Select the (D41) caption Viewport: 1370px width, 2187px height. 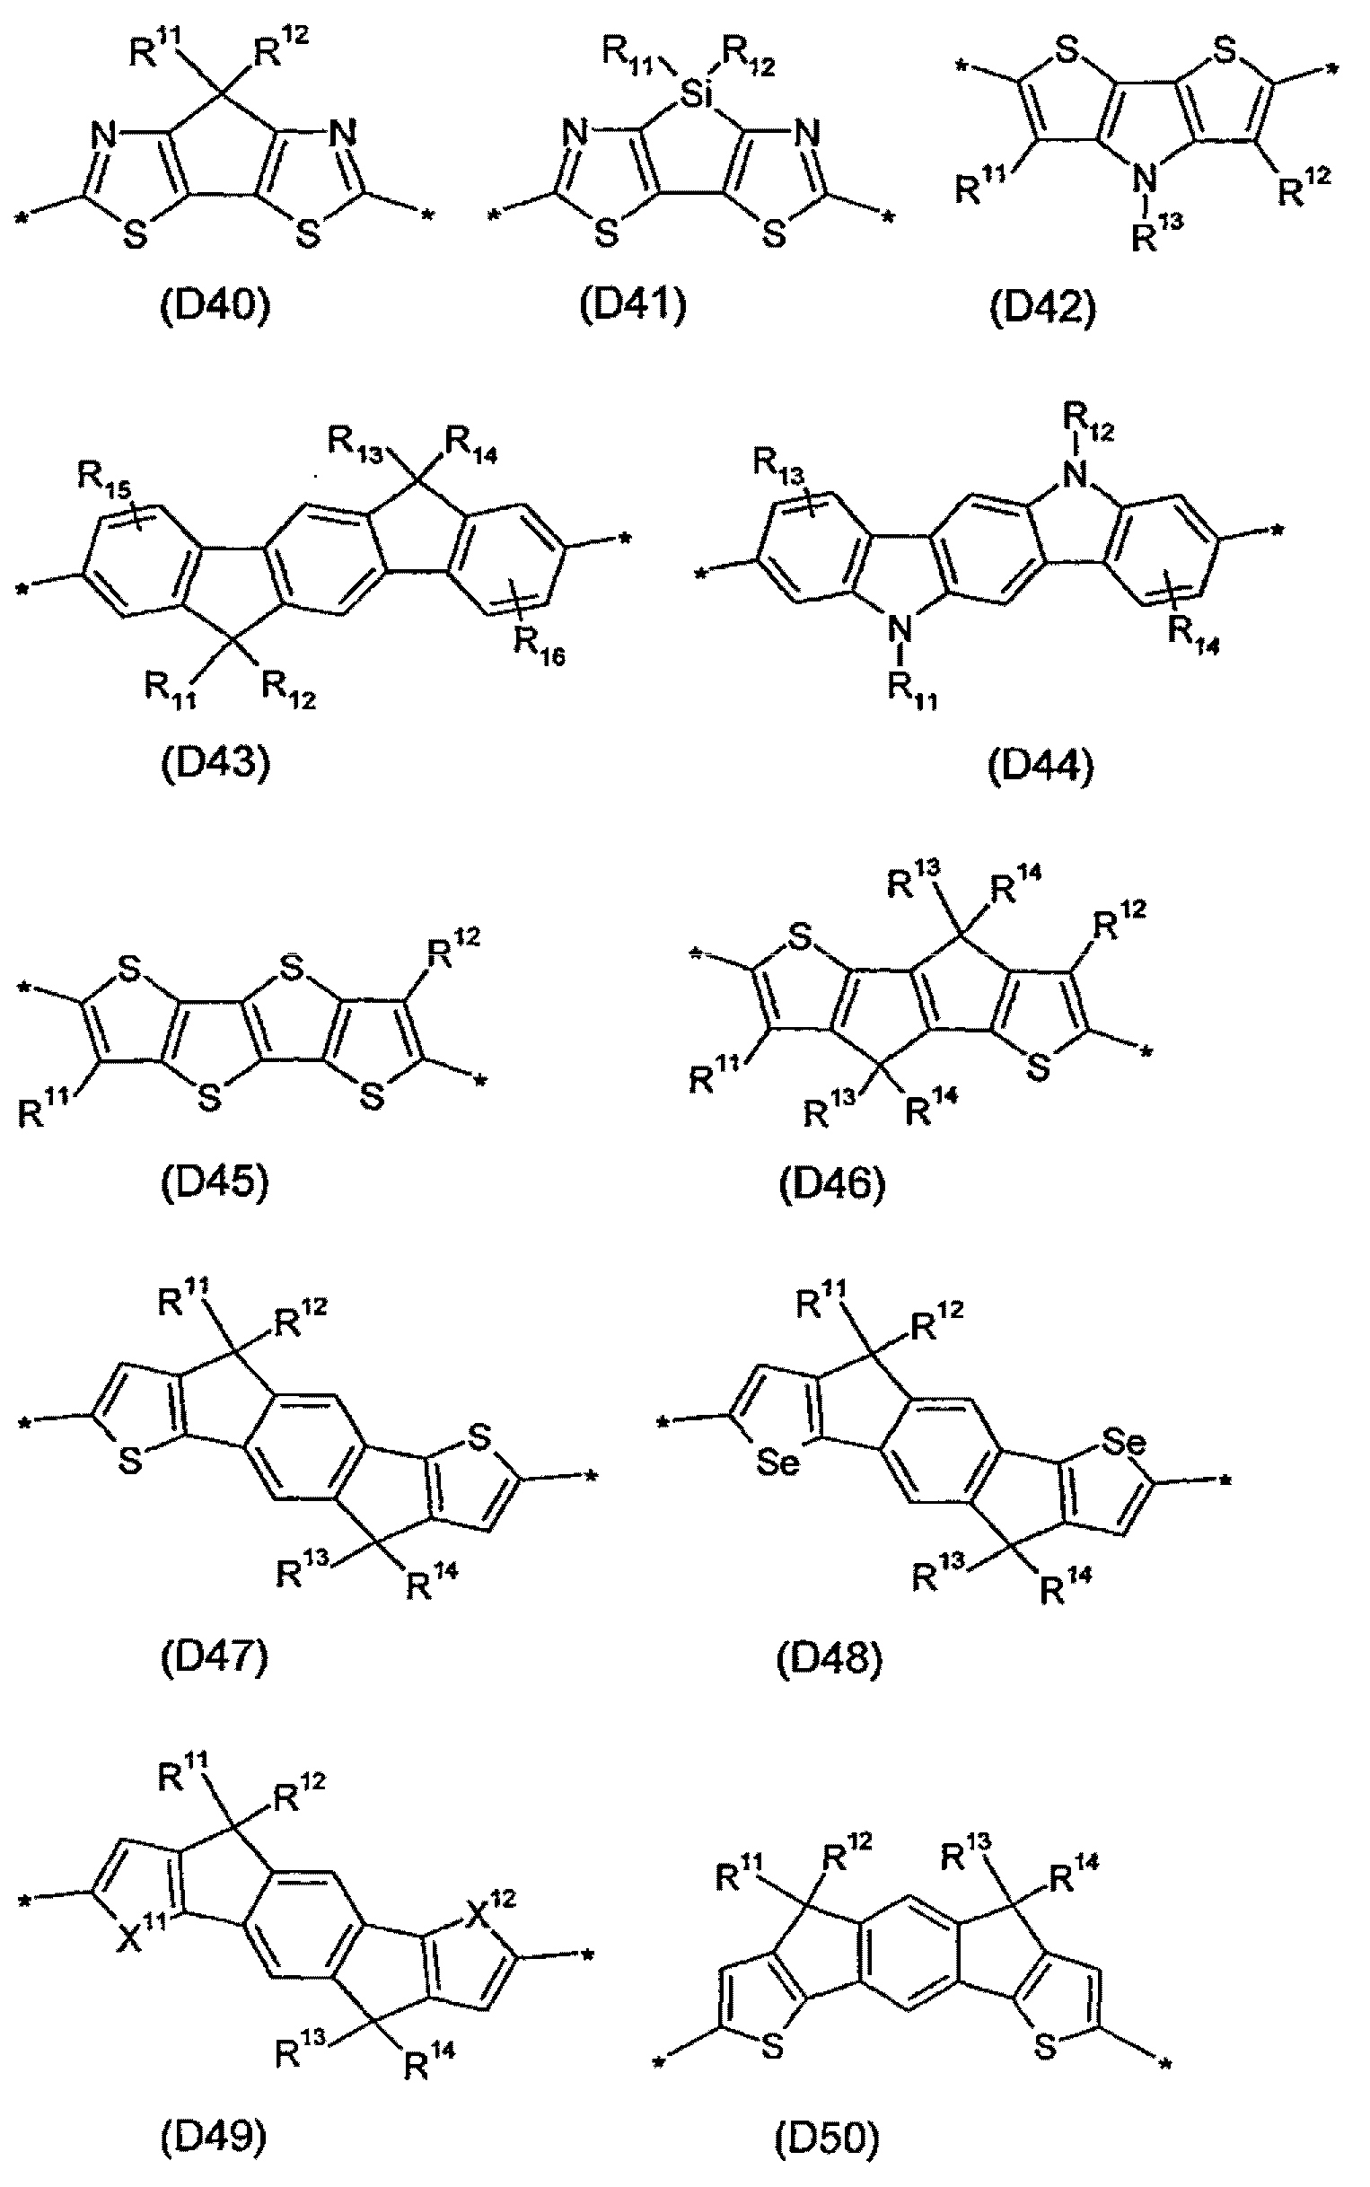(633, 305)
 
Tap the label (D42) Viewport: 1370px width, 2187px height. (1042, 308)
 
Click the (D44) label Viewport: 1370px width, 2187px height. (1041, 767)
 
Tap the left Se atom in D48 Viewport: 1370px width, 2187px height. (778, 1463)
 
